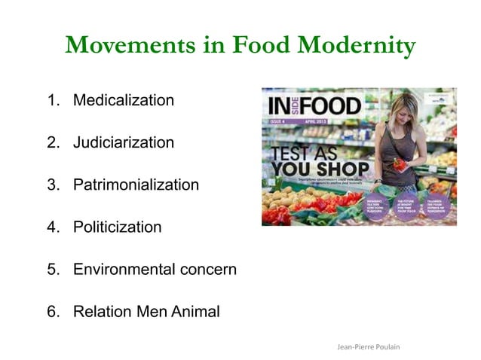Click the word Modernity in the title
point(355,46)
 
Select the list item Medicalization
point(124,100)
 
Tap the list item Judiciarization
point(124,142)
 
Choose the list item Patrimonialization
point(136,185)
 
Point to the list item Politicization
point(117,227)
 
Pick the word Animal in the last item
point(191,311)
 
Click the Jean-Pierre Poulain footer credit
point(368,346)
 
